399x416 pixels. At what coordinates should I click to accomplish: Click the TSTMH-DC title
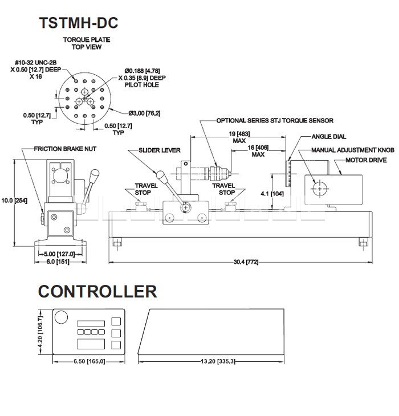pos(78,23)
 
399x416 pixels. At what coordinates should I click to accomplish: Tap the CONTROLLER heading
pos(97,291)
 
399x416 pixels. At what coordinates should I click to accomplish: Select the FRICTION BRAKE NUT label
pos(65,149)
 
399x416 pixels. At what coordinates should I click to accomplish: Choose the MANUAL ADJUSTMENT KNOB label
pos(353,150)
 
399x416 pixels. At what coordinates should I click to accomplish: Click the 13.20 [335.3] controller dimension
pos(217,361)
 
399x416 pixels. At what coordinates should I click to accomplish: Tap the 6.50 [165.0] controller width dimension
pos(89,361)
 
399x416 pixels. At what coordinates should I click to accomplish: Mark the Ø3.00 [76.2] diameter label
pos(144,112)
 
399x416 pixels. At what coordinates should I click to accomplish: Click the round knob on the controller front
pos(61,317)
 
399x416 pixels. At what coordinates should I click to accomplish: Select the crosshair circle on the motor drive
pos(320,187)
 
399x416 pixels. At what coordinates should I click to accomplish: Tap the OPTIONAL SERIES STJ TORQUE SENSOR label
pos(275,121)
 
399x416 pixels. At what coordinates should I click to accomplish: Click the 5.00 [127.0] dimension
pos(59,254)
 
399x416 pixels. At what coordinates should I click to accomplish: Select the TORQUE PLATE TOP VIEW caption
pos(87,43)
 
